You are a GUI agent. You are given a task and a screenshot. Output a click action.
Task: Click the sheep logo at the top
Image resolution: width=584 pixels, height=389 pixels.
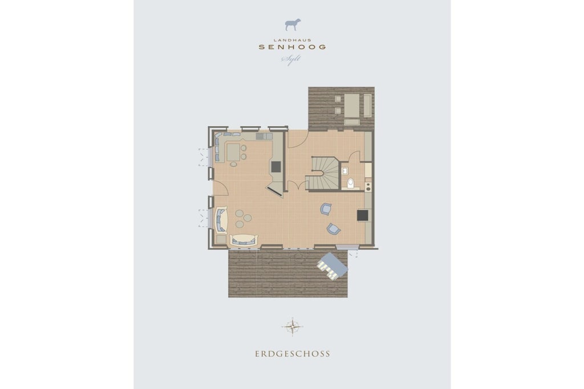click(x=293, y=24)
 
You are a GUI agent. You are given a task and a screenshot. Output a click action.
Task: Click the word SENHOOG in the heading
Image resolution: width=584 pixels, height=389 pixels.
click(x=293, y=47)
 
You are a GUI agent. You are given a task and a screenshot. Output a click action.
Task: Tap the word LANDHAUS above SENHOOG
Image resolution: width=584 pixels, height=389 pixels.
click(x=293, y=40)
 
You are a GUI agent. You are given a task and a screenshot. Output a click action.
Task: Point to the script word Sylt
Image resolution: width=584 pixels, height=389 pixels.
click(x=291, y=59)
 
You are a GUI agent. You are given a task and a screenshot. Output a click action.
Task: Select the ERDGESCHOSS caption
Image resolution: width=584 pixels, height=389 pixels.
click(x=293, y=354)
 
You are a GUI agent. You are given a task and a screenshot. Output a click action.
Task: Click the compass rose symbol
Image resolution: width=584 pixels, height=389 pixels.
click(x=293, y=327)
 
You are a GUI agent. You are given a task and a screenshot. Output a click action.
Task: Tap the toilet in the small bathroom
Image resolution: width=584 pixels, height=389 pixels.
click(x=351, y=183)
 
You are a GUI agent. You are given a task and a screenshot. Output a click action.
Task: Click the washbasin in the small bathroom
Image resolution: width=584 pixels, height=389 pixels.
click(x=344, y=171)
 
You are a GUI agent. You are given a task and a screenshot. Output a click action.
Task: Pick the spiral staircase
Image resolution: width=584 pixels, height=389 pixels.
click(x=323, y=174)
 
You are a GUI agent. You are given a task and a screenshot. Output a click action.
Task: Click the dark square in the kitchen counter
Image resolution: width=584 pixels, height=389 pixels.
click(x=276, y=167)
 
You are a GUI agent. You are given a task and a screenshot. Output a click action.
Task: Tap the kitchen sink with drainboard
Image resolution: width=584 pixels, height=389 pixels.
click(x=264, y=137)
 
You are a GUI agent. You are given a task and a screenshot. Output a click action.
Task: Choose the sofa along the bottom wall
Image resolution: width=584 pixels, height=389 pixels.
click(x=244, y=240)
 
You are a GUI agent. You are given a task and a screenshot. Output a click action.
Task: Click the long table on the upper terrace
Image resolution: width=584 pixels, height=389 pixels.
click(x=351, y=105)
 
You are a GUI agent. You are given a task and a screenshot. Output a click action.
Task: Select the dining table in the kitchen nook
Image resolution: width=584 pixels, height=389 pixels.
click(x=233, y=151)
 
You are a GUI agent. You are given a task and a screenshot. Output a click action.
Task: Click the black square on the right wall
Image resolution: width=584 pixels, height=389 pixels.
click(x=362, y=215)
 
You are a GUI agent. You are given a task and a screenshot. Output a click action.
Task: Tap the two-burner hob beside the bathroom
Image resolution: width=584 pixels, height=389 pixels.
click(x=368, y=186)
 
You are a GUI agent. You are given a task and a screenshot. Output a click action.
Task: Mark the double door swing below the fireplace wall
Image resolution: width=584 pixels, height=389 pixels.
click(x=297, y=185)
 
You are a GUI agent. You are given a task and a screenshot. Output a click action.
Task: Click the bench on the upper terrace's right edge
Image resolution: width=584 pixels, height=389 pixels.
click(x=367, y=105)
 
